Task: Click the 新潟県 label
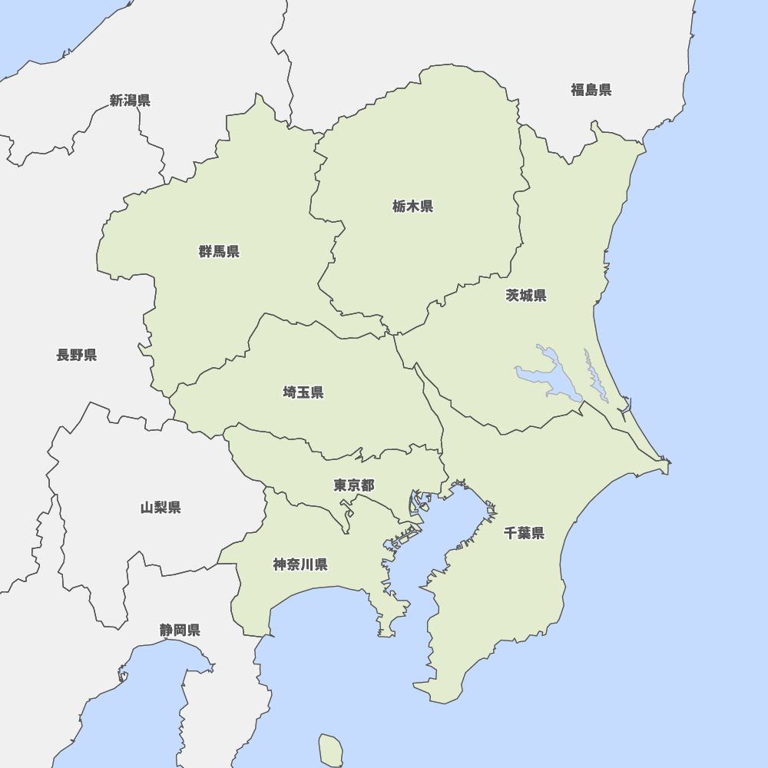point(130,100)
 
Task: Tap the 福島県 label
point(591,90)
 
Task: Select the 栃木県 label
point(412,206)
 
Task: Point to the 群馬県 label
point(219,251)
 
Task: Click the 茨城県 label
point(526,296)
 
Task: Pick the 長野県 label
point(77,355)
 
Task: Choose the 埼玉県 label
point(303,392)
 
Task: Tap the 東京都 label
point(354,485)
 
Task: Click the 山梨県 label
point(161,507)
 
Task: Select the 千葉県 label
point(525,533)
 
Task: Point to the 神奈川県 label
point(300,564)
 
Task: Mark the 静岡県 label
point(180,630)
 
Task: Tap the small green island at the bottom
point(331,750)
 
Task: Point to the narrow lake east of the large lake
point(594,376)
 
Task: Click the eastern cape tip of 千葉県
point(667,464)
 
